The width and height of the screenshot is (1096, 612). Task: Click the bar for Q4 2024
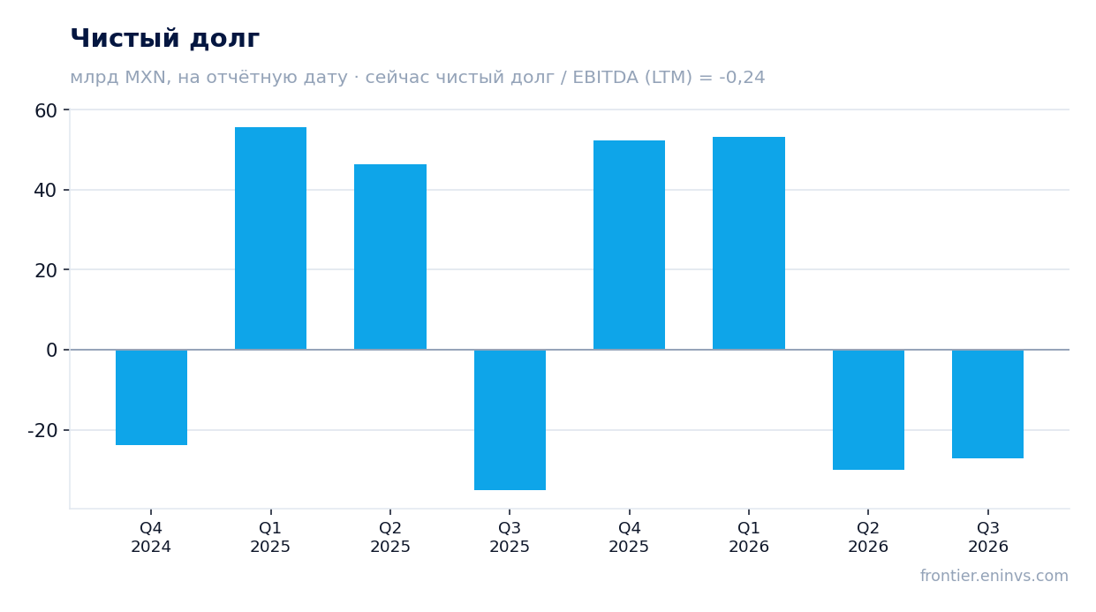click(x=151, y=397)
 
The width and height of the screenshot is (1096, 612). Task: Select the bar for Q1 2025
click(x=270, y=238)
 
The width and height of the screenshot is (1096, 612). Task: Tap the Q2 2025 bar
click(x=390, y=257)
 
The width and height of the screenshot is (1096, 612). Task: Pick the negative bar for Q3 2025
click(x=510, y=419)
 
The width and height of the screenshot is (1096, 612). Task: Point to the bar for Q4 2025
click(x=629, y=246)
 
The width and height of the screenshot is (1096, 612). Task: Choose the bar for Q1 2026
click(x=749, y=243)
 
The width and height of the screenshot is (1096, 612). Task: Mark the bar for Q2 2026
click(x=868, y=410)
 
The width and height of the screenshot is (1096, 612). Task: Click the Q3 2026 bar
click(x=988, y=404)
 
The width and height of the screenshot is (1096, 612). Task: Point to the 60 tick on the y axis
click(x=46, y=111)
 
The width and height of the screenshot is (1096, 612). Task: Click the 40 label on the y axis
click(x=46, y=191)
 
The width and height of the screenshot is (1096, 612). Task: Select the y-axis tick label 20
click(x=46, y=270)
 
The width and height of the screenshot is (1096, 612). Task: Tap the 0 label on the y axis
click(x=52, y=351)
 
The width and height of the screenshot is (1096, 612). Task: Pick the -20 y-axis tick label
click(x=42, y=431)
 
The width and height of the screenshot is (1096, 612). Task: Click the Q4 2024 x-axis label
click(x=151, y=537)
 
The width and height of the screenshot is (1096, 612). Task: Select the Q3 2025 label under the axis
click(x=510, y=537)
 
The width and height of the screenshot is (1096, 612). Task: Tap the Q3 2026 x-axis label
click(x=988, y=537)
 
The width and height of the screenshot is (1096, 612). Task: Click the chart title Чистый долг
click(x=165, y=38)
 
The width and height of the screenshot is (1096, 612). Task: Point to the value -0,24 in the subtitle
click(x=742, y=78)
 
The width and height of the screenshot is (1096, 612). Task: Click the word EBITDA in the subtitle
click(x=605, y=78)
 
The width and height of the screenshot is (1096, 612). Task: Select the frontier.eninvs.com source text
click(x=994, y=576)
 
